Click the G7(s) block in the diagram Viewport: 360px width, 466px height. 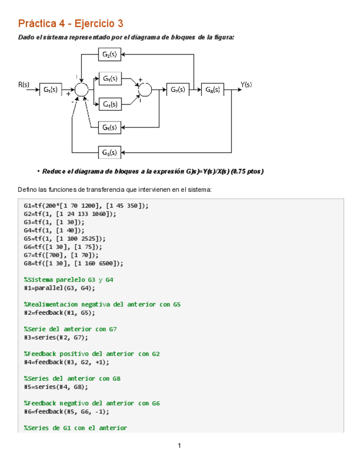(177, 89)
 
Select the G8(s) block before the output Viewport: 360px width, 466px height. (213, 89)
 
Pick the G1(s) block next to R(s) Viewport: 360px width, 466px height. (51, 90)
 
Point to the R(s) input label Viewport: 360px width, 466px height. (24, 85)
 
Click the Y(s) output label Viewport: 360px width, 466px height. (246, 85)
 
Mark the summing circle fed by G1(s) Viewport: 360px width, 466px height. (81, 90)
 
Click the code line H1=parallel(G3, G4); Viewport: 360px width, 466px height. (59, 287)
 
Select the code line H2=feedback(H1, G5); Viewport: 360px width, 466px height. (59, 312)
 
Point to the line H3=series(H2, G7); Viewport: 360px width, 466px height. (58, 337)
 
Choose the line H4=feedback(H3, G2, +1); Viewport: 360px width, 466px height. (67, 362)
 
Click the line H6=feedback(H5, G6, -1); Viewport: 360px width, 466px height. (67, 411)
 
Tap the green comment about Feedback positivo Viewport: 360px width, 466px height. (92, 354)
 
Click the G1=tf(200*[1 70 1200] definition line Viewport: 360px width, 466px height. (86, 206)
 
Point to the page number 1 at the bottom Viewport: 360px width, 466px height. (180, 445)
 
